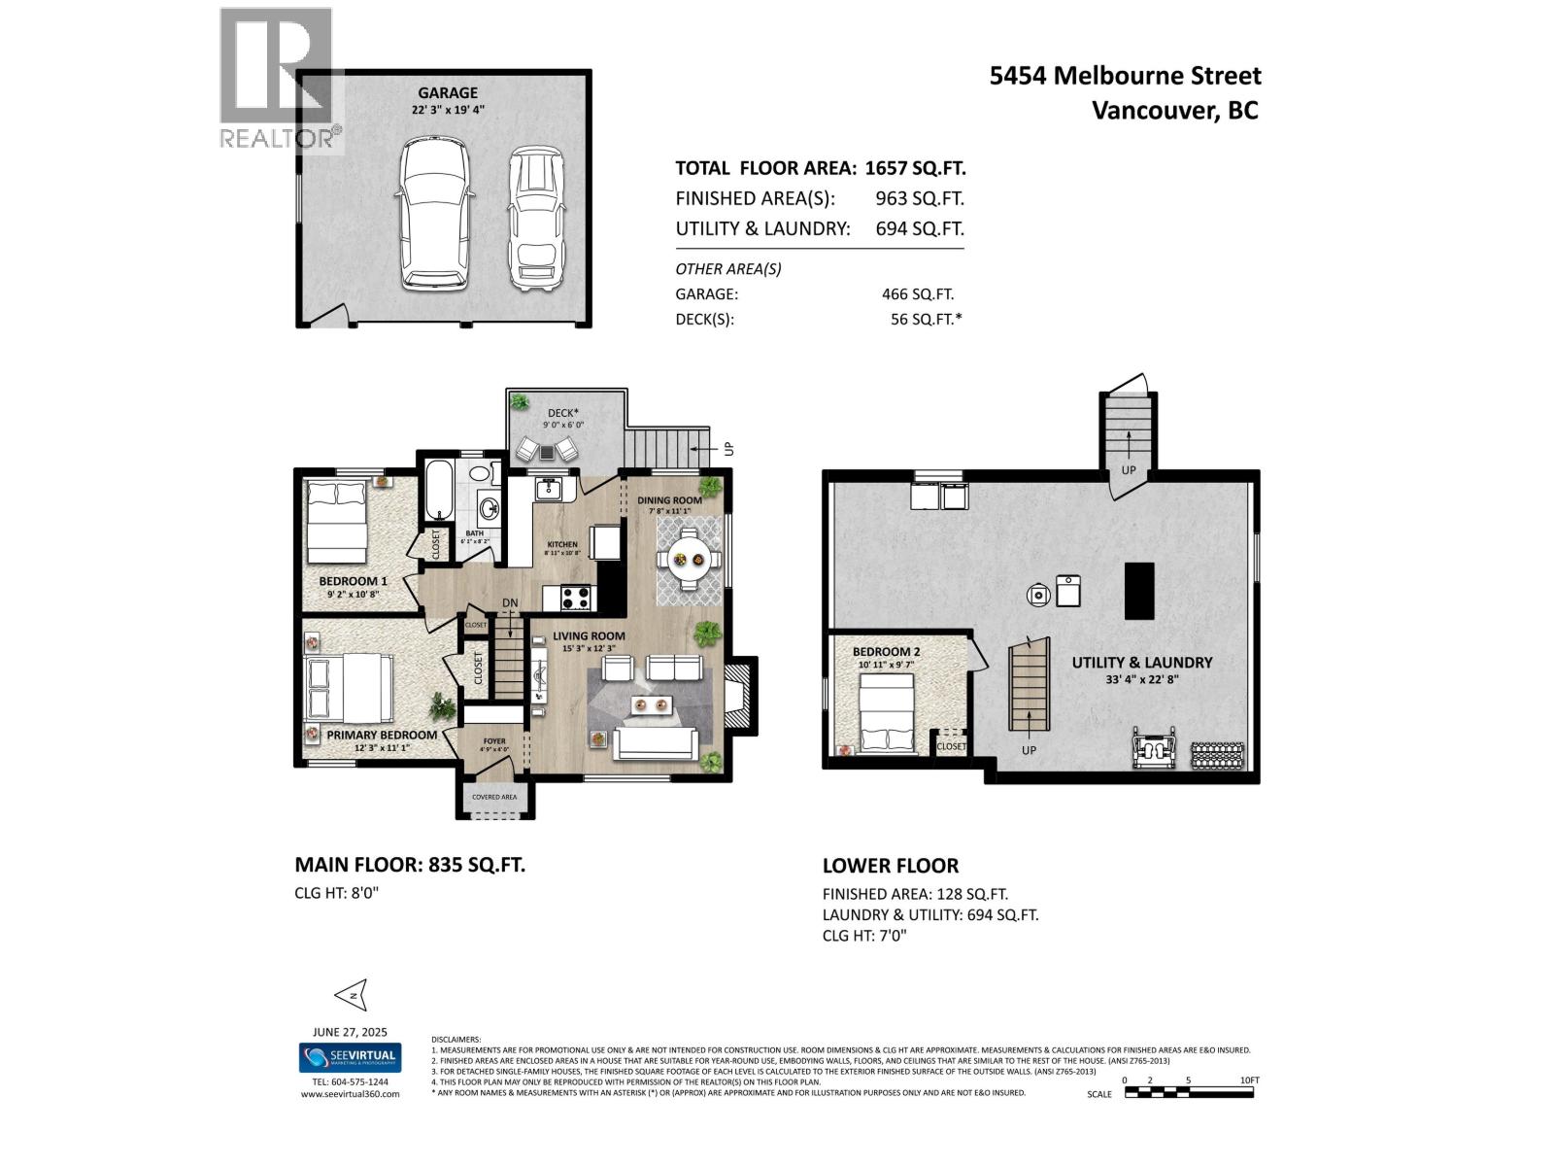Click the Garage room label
(x=448, y=93)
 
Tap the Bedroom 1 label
(x=354, y=581)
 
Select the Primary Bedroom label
(x=381, y=735)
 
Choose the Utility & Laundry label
(x=1142, y=663)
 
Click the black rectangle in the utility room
(x=1139, y=591)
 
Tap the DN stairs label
(x=510, y=603)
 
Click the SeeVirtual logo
(x=350, y=1057)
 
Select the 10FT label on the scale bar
(x=1249, y=1080)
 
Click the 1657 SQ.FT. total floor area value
(x=914, y=168)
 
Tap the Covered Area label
(x=494, y=797)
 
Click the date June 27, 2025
(x=350, y=1032)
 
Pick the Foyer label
(x=494, y=741)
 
